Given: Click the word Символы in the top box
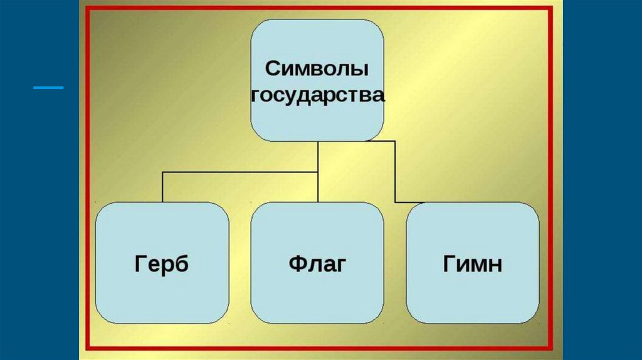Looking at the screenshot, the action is click(x=317, y=68).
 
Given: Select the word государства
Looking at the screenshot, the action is click(x=317, y=95).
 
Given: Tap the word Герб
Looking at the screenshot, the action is click(x=161, y=264).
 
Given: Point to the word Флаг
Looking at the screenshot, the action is click(x=317, y=263).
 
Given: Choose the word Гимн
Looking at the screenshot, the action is click(x=473, y=264).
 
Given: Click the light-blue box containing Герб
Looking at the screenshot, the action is click(x=162, y=295).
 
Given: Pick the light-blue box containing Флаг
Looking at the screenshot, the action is click(x=317, y=295).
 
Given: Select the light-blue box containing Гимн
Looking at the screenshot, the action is click(x=473, y=295).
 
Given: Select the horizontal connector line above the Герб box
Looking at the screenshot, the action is click(x=238, y=171).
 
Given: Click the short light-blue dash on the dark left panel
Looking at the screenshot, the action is click(x=48, y=87).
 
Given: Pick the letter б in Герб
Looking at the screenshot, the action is click(x=182, y=263).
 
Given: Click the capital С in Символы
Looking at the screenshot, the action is click(x=271, y=68).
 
